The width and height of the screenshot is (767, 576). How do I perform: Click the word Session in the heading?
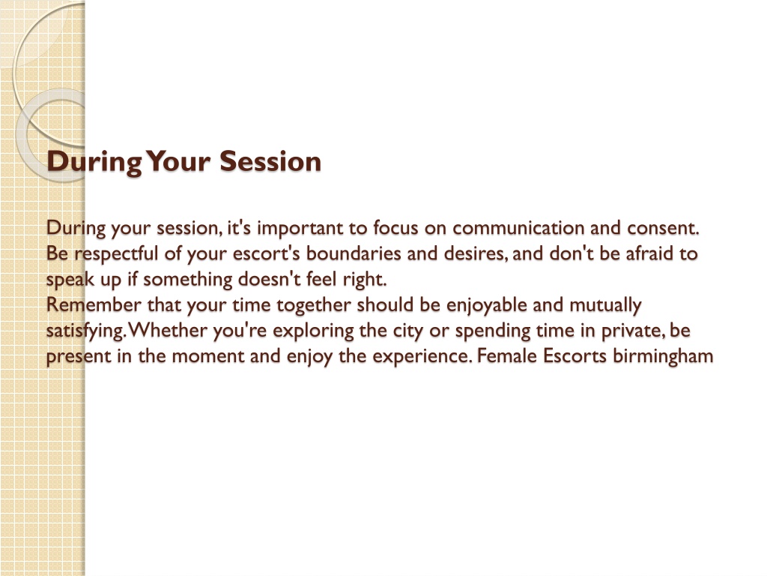click(270, 161)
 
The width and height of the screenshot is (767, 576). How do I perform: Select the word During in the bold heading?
click(94, 162)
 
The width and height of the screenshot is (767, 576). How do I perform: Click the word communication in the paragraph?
click(518, 228)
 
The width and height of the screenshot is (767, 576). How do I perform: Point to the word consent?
click(664, 229)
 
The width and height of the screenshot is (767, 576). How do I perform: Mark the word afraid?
click(649, 253)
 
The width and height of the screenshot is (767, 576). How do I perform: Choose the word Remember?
click(94, 305)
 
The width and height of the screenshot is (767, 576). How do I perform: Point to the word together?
click(314, 306)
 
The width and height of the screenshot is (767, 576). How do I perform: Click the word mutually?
click(605, 306)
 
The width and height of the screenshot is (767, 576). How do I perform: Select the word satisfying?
click(87, 331)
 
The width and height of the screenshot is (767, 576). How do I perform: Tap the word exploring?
click(313, 331)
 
